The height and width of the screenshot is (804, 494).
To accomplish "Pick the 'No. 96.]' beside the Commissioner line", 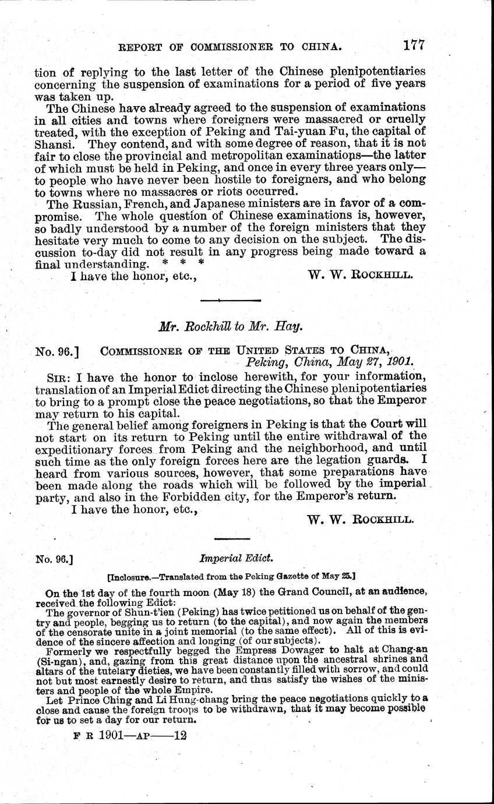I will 57,351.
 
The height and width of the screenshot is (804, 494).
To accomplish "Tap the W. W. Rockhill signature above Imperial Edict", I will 360,520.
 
